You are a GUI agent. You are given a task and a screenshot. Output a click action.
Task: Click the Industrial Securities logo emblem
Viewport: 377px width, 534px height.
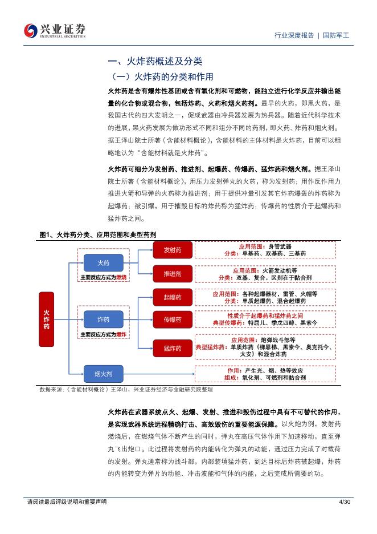tap(31, 31)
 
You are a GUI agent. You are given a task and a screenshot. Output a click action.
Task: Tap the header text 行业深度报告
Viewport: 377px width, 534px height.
tap(294, 35)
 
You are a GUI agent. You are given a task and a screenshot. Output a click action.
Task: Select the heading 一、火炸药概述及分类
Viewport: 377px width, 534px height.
tap(155, 61)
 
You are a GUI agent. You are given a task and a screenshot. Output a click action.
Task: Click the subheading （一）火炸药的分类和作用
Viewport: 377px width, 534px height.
tap(162, 76)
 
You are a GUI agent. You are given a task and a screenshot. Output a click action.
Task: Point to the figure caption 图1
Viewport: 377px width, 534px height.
tap(98, 234)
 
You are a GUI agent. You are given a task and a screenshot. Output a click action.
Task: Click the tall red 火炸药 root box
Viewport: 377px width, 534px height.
tap(46, 319)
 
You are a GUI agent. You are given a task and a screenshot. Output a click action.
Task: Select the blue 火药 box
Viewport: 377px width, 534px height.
tap(103, 263)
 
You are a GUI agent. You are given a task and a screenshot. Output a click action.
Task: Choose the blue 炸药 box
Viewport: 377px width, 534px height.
tap(103, 319)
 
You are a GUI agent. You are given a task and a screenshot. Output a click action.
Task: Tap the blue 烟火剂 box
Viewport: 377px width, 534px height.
tap(103, 374)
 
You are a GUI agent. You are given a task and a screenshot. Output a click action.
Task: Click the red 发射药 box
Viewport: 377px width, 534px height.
tap(173, 250)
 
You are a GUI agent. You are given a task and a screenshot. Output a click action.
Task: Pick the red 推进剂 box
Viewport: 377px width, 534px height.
tap(173, 274)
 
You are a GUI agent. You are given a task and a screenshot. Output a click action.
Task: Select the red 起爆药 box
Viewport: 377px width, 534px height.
tap(173, 297)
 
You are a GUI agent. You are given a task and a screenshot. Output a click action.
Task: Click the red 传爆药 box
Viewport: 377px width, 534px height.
tap(173, 319)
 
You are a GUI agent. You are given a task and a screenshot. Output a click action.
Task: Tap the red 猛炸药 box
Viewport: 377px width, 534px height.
tap(173, 348)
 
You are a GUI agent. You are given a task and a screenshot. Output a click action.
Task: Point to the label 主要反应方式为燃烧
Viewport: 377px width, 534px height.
tap(103, 278)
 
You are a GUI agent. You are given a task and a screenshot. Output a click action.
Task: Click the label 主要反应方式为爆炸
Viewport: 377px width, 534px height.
tap(103, 334)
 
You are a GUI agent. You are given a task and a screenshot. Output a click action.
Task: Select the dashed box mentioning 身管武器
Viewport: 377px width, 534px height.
tap(265, 250)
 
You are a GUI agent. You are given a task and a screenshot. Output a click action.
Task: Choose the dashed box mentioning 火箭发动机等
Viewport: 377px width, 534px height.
tap(265, 274)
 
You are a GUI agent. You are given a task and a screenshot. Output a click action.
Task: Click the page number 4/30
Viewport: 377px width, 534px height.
tap(345, 501)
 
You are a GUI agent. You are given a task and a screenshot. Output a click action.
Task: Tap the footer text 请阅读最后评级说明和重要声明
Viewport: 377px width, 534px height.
tap(67, 501)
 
